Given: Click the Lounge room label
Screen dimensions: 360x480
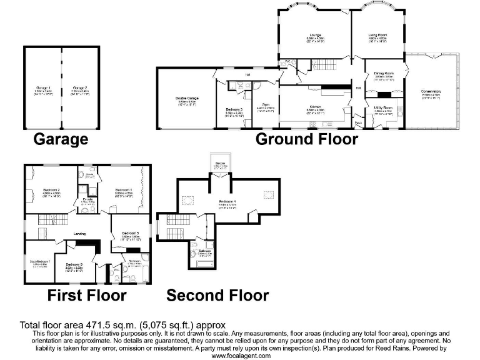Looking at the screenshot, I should [314, 36].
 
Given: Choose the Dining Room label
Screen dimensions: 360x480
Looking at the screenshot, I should [383, 74].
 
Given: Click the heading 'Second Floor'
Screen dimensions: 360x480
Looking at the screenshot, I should [217, 295].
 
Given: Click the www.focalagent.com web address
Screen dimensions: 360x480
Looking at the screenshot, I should [240, 355].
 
